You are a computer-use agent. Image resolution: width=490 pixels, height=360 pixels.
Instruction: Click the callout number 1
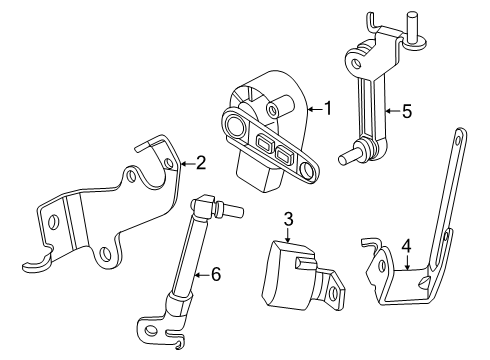pyautogui.click(x=328, y=108)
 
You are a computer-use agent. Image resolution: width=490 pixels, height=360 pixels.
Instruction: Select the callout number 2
pyautogui.click(x=201, y=163)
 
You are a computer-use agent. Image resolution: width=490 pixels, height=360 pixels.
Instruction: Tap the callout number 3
pyautogui.click(x=288, y=219)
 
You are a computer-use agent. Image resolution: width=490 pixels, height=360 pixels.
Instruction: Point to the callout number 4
pyautogui.click(x=406, y=246)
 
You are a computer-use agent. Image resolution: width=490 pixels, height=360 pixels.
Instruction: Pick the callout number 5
pyautogui.click(x=407, y=111)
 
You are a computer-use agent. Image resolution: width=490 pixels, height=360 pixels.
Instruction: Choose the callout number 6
pyautogui.click(x=216, y=275)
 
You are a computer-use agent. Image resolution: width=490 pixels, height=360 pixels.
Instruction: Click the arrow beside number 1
pyautogui.click(x=315, y=109)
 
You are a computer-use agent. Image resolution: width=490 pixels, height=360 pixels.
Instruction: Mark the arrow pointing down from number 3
pyautogui.click(x=288, y=235)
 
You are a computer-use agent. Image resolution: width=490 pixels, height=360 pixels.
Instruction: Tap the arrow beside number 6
pyautogui.click(x=202, y=275)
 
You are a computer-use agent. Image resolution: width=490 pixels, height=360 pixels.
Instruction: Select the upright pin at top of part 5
pyautogui.click(x=413, y=28)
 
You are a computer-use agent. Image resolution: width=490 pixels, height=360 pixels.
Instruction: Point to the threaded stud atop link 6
pyautogui.click(x=230, y=208)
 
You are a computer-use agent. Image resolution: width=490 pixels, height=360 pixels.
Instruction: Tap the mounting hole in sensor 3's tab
pyautogui.click(x=332, y=293)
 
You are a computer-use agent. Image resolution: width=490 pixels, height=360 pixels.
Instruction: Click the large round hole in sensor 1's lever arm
pyautogui.click(x=235, y=125)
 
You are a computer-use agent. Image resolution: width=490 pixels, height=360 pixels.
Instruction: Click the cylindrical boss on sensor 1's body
pyautogui.click(x=281, y=106)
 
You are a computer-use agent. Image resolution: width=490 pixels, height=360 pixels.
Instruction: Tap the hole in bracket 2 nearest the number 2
pyautogui.click(x=169, y=163)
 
